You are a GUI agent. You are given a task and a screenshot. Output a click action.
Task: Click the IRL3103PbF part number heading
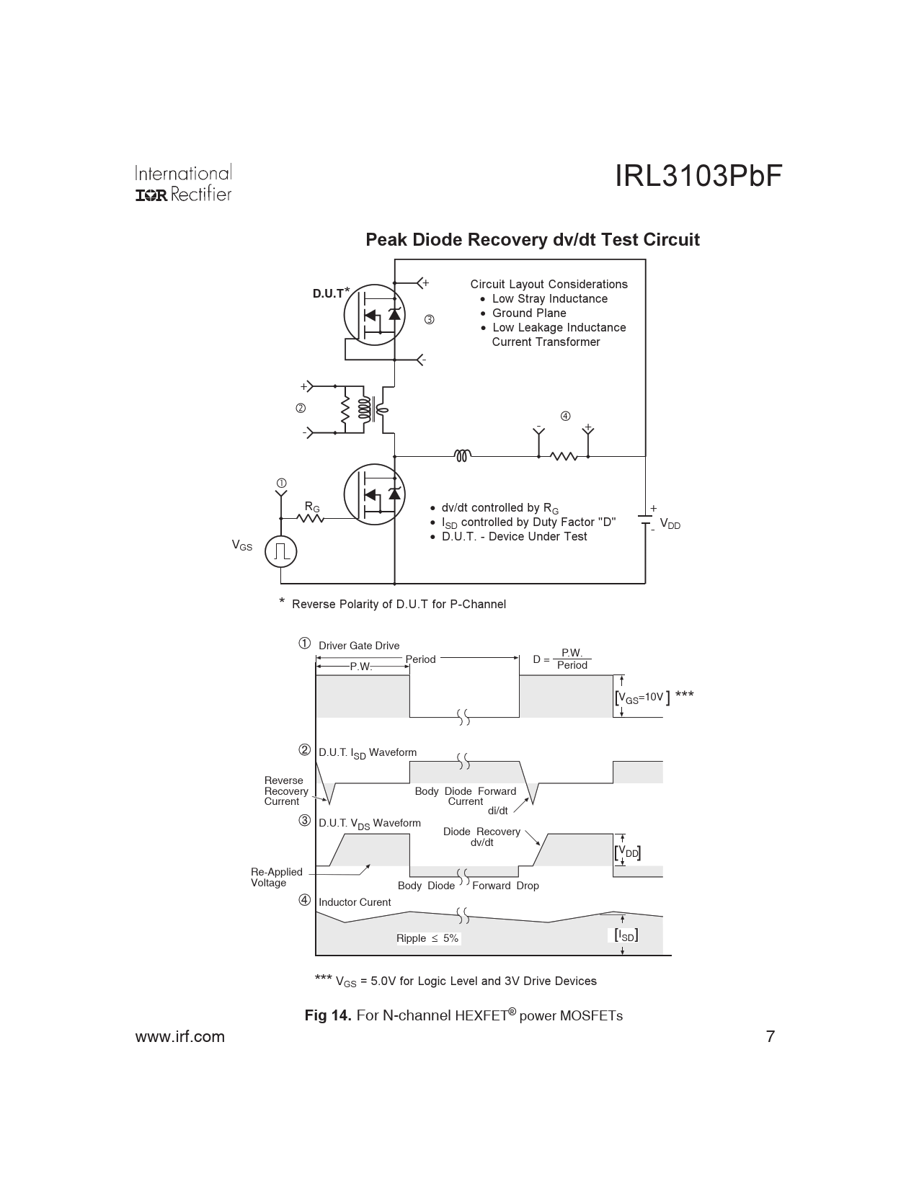tap(698, 177)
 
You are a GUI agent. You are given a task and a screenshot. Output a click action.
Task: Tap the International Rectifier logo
tap(183, 184)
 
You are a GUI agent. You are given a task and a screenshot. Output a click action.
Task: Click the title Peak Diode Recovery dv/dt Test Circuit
tap(532, 240)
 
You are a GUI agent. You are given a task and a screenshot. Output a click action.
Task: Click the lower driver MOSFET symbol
tap(373, 494)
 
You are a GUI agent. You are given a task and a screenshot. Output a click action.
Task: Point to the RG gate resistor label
tap(311, 507)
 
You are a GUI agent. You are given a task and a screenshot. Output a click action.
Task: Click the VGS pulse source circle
tap(281, 552)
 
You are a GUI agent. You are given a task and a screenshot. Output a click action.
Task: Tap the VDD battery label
tap(670, 525)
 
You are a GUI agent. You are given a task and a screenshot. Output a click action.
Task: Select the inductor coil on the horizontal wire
tap(463, 455)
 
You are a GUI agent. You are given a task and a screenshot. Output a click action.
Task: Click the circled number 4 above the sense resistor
tap(565, 416)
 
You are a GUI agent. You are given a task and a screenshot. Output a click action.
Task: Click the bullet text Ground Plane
tap(528, 313)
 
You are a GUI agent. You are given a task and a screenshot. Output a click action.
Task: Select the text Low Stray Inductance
tap(549, 299)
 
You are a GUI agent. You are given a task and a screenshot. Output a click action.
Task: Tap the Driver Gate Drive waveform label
tap(359, 646)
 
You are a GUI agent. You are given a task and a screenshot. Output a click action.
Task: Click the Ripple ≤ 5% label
tap(427, 938)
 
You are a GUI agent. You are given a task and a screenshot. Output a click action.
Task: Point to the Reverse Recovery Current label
tap(285, 791)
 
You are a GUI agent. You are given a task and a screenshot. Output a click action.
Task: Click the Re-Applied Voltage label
tap(276, 878)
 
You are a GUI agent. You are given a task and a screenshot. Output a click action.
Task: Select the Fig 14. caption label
tap(328, 1015)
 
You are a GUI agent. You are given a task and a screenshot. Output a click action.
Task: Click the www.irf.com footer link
tap(180, 1037)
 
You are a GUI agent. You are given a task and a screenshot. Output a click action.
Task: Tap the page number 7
tap(770, 1037)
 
